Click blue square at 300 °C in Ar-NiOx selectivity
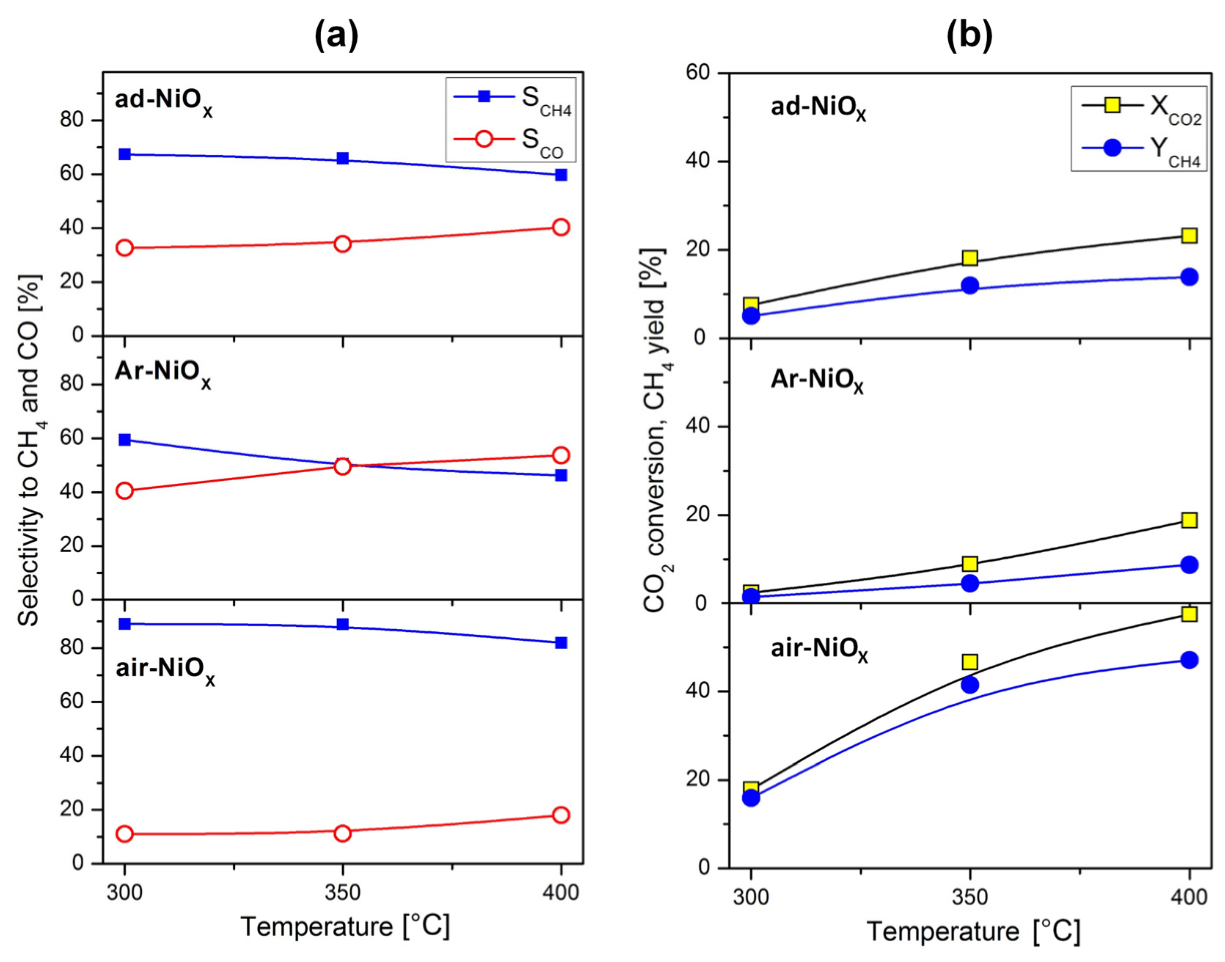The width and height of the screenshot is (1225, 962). (125, 439)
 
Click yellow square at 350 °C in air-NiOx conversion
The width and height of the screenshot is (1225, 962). (969, 661)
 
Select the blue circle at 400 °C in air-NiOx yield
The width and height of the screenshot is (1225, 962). (1189, 660)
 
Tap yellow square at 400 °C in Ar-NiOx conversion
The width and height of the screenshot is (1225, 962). (1189, 519)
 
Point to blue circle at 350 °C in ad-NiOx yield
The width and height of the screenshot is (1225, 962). (969, 285)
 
